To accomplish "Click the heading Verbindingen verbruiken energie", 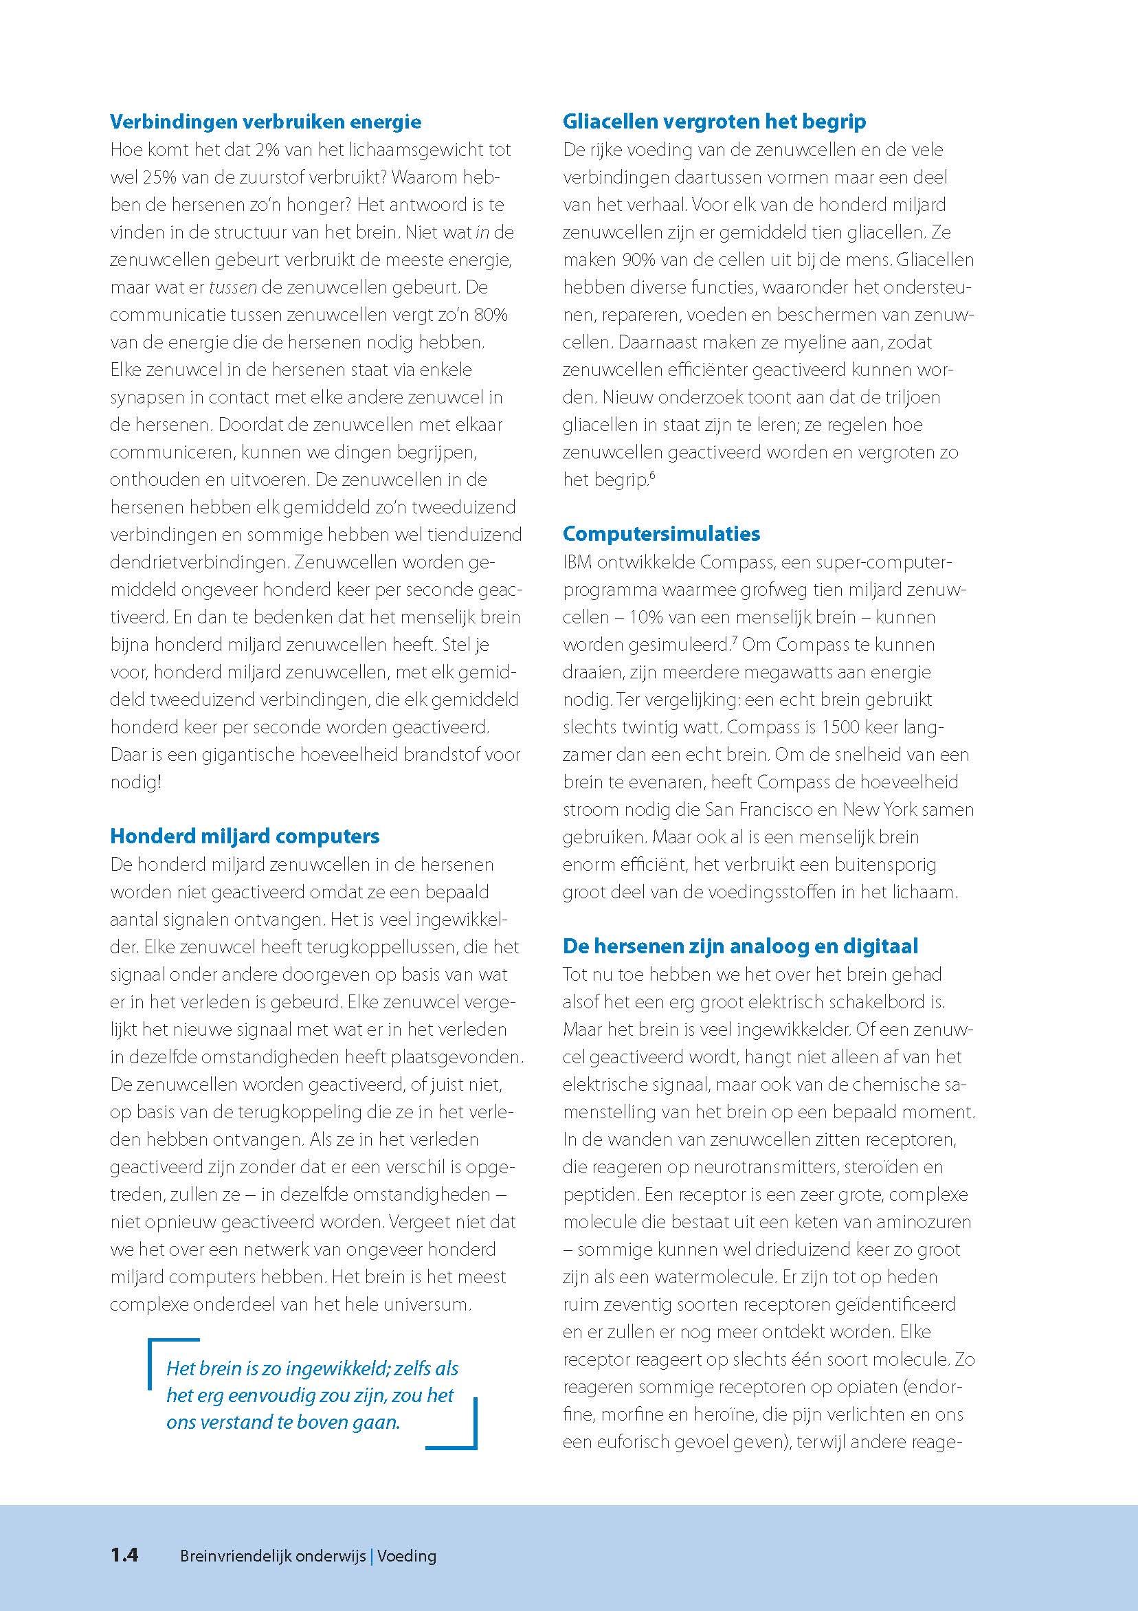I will pos(265,122).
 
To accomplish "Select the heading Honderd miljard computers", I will pos(244,836).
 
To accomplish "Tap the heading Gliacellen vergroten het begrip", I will pos(713,122).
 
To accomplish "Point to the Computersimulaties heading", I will pos(661,533).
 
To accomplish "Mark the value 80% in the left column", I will pos(491,315).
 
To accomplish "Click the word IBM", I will pos(578,562).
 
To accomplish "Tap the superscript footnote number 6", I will pos(651,476).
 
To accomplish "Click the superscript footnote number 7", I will pos(734,640).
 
